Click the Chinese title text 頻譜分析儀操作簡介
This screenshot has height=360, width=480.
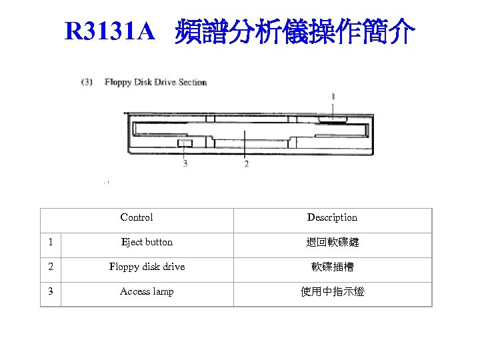(295, 31)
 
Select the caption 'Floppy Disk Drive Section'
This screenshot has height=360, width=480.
(155, 83)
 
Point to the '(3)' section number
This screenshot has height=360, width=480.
(87, 83)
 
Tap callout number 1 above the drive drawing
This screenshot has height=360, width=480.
(333, 97)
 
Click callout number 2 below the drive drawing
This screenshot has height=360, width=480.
(247, 164)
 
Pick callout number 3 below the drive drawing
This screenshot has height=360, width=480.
(185, 164)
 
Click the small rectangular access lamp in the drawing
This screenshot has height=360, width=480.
(185, 143)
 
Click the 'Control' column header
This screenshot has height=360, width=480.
(137, 217)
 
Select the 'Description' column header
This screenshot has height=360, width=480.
(332, 217)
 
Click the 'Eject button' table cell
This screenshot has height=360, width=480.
(147, 242)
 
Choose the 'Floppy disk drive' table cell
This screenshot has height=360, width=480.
(147, 267)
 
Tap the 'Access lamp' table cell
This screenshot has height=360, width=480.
(147, 291)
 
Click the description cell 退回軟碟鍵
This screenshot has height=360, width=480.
(332, 243)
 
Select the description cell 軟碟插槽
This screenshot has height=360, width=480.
(332, 267)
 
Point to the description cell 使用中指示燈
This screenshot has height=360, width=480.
(332, 292)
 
